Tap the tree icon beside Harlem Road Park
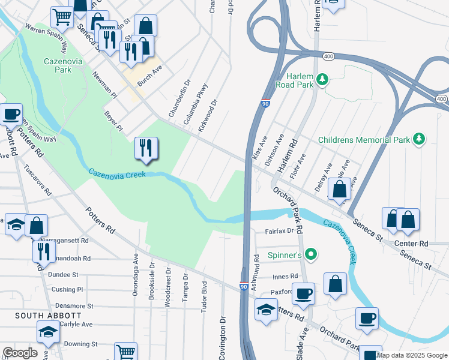(323, 79)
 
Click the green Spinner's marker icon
(310, 255)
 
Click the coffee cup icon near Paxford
(304, 293)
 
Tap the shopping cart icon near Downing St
(126, 352)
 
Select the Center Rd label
(411, 244)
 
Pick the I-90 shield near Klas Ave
(265, 103)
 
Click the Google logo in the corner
(20, 353)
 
